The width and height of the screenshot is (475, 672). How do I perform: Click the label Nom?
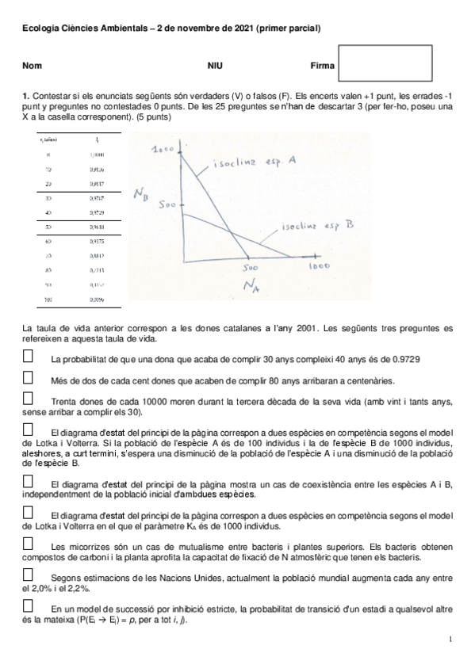tap(32, 66)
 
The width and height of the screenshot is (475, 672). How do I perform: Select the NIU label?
tap(215, 66)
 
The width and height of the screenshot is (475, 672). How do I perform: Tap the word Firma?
tap(323, 66)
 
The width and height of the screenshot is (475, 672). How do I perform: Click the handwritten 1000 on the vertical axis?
tap(163, 149)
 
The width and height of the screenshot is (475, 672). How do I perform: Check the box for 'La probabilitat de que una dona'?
tap(29, 357)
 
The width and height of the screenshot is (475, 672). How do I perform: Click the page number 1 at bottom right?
tap(450, 639)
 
